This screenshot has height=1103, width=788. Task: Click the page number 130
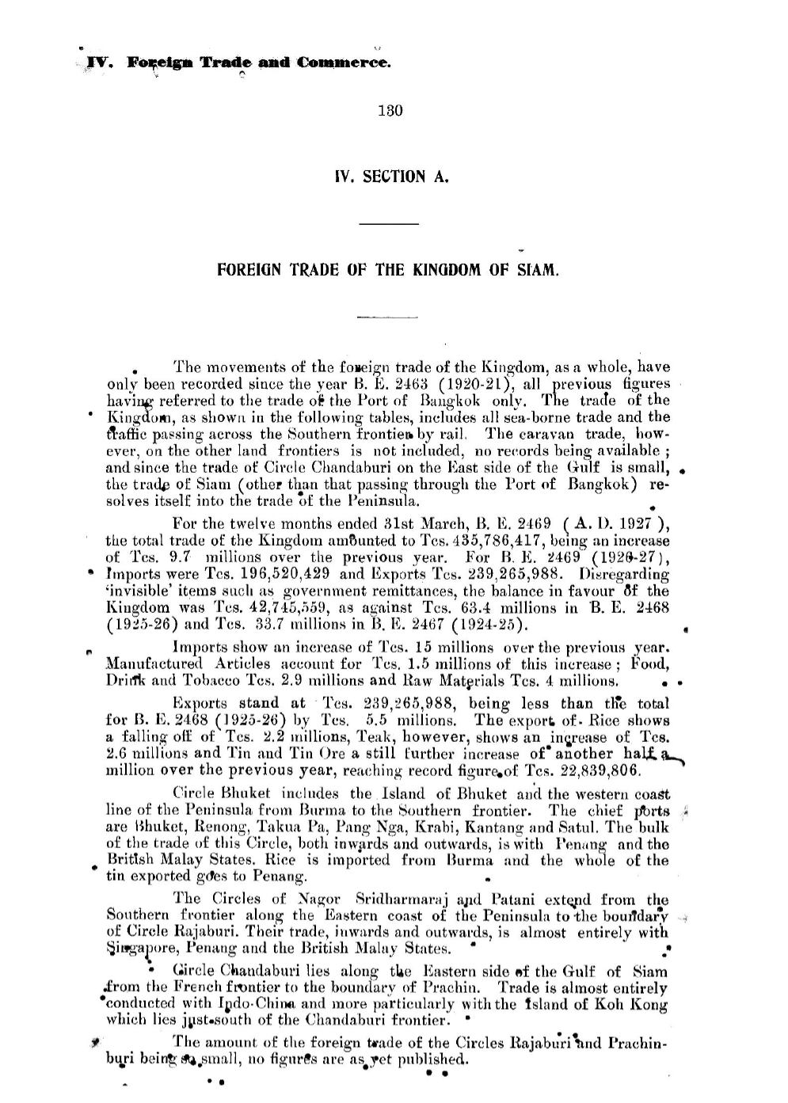point(391,111)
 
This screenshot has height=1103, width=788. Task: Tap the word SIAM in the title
point(542,269)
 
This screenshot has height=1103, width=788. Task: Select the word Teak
point(314,737)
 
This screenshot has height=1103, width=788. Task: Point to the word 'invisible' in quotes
point(135,591)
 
